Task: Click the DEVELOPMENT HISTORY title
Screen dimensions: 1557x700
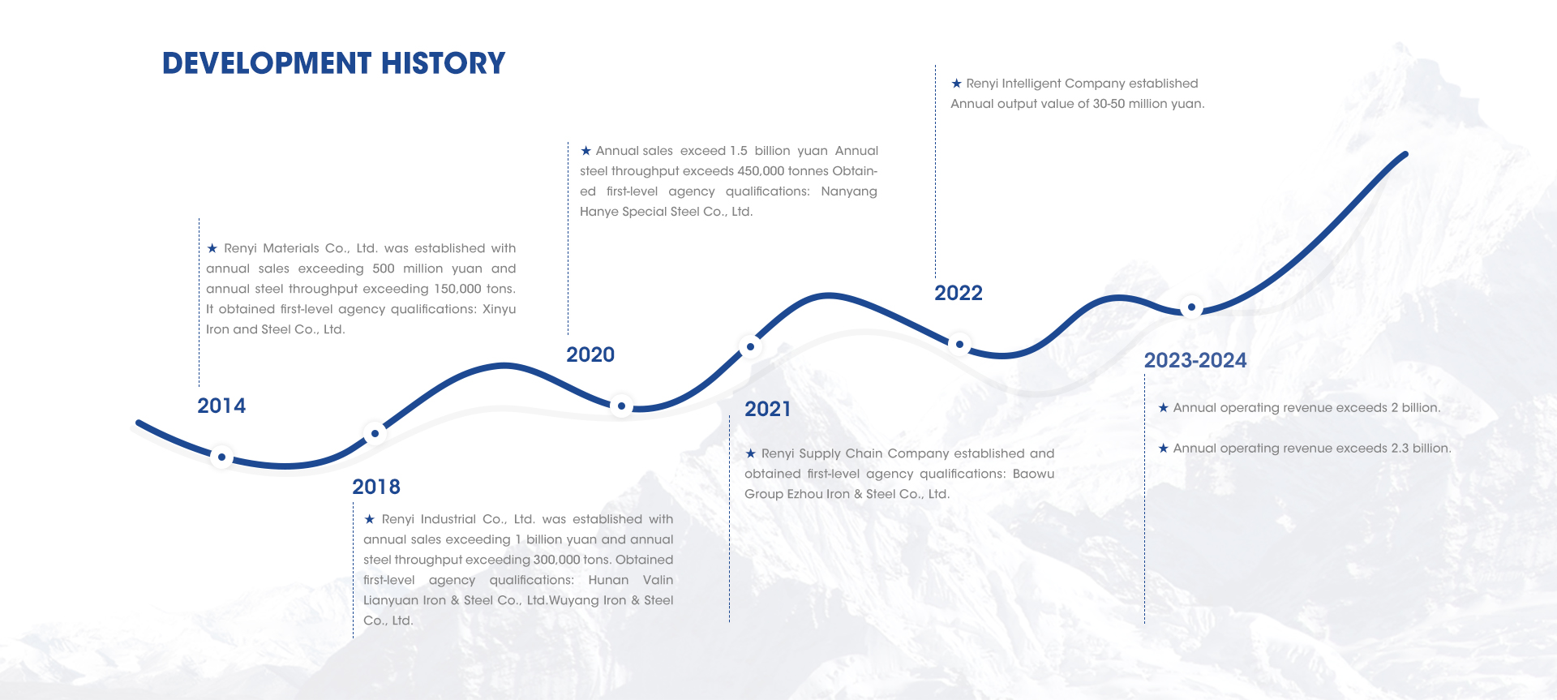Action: [x=333, y=63]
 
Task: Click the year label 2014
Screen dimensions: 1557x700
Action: [x=221, y=406]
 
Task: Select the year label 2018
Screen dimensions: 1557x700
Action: [x=376, y=487]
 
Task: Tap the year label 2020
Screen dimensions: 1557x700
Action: [x=590, y=354]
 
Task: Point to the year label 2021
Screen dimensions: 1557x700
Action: [x=768, y=409]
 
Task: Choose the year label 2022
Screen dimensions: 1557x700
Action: [x=959, y=293]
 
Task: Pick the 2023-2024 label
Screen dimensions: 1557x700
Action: [x=1195, y=360]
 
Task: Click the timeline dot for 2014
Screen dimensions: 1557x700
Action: [x=221, y=457]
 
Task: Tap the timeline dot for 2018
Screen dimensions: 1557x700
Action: [x=375, y=434]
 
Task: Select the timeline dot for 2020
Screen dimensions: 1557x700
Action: [x=621, y=406]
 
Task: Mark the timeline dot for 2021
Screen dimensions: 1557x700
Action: [x=750, y=347]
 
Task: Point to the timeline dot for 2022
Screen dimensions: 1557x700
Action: [x=959, y=345]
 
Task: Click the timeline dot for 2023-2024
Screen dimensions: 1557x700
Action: [x=1191, y=307]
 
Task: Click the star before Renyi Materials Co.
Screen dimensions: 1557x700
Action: [x=212, y=248]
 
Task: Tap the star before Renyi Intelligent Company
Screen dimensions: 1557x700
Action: [x=956, y=84]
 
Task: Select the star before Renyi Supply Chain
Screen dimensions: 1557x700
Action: [x=750, y=453]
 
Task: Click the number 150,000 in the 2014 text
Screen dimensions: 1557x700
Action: [x=457, y=289]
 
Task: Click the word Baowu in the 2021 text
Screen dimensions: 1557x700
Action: [x=1033, y=474]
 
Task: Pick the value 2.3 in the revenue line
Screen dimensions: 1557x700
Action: [x=1400, y=449]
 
